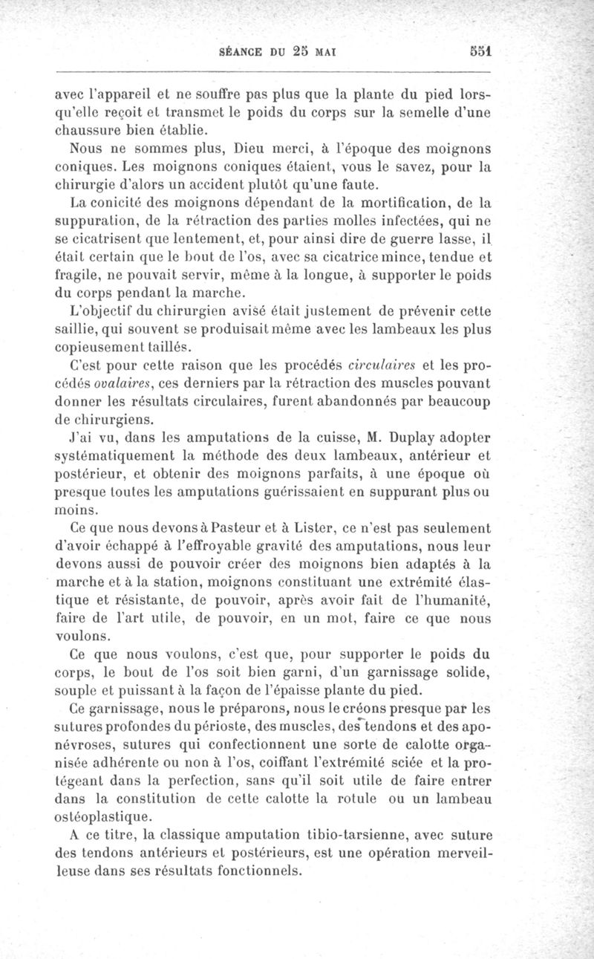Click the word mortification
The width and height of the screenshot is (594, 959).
point(391,203)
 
